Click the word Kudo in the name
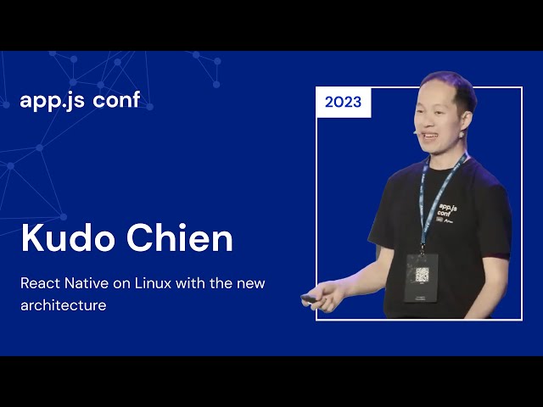point(69,238)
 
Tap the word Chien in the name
point(180,238)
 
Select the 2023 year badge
point(343,103)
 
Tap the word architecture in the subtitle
point(64,305)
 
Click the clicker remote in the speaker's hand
point(309,298)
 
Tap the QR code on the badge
point(422,274)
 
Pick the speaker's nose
point(423,123)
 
